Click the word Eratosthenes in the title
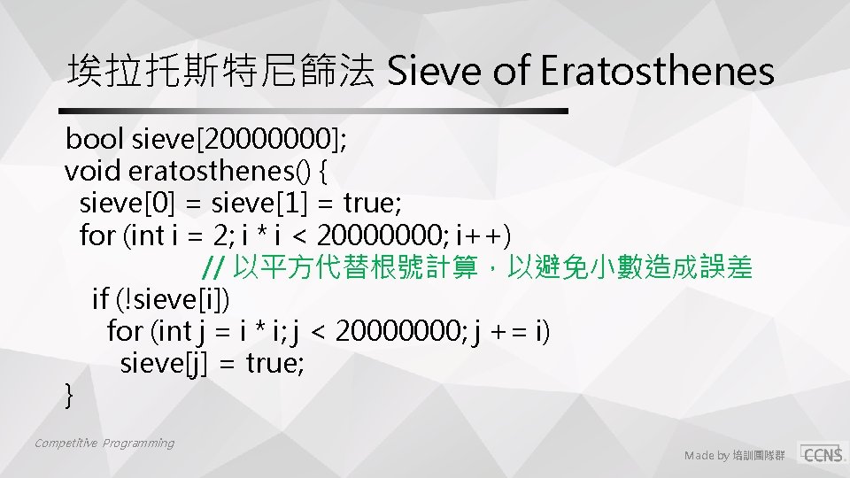(657, 71)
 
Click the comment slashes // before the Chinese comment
(212, 267)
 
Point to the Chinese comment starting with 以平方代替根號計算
(492, 267)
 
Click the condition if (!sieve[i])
(160, 300)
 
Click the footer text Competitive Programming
(104, 443)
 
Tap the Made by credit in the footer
(734, 456)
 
